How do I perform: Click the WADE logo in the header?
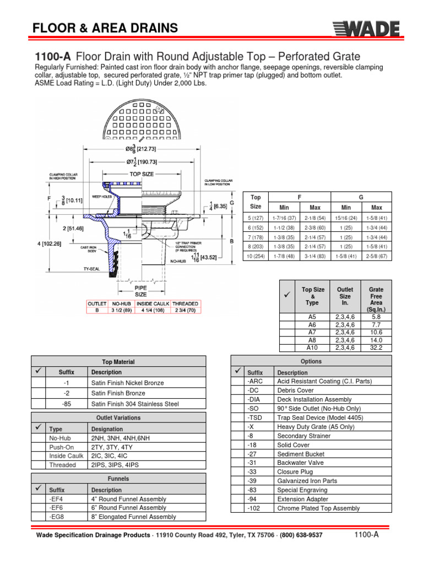click(370, 28)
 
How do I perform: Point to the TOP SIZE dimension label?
click(142, 173)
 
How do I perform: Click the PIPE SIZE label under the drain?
click(141, 291)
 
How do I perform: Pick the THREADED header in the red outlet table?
click(185, 303)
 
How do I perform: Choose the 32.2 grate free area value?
click(376, 348)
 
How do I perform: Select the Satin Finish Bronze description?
click(118, 393)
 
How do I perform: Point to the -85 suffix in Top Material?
click(67, 404)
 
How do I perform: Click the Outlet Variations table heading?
click(118, 417)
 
